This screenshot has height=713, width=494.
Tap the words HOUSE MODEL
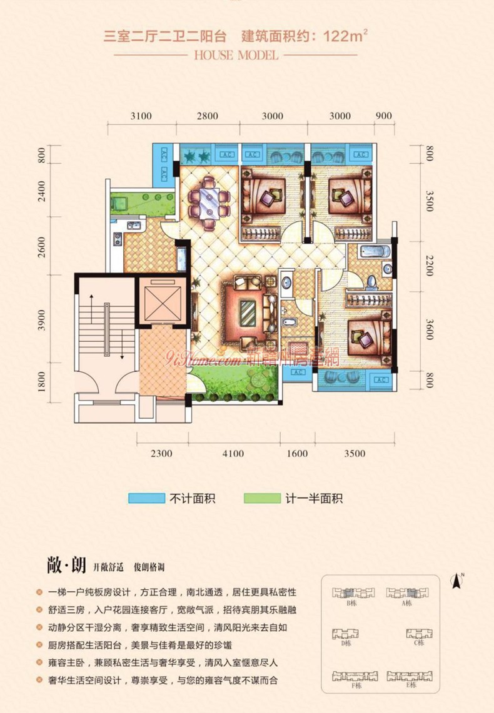(236, 55)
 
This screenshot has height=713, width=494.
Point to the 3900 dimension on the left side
(42, 321)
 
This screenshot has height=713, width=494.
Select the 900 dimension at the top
(384, 116)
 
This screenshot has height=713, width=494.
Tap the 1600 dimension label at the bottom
(297, 454)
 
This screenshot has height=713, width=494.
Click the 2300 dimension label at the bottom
(161, 454)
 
